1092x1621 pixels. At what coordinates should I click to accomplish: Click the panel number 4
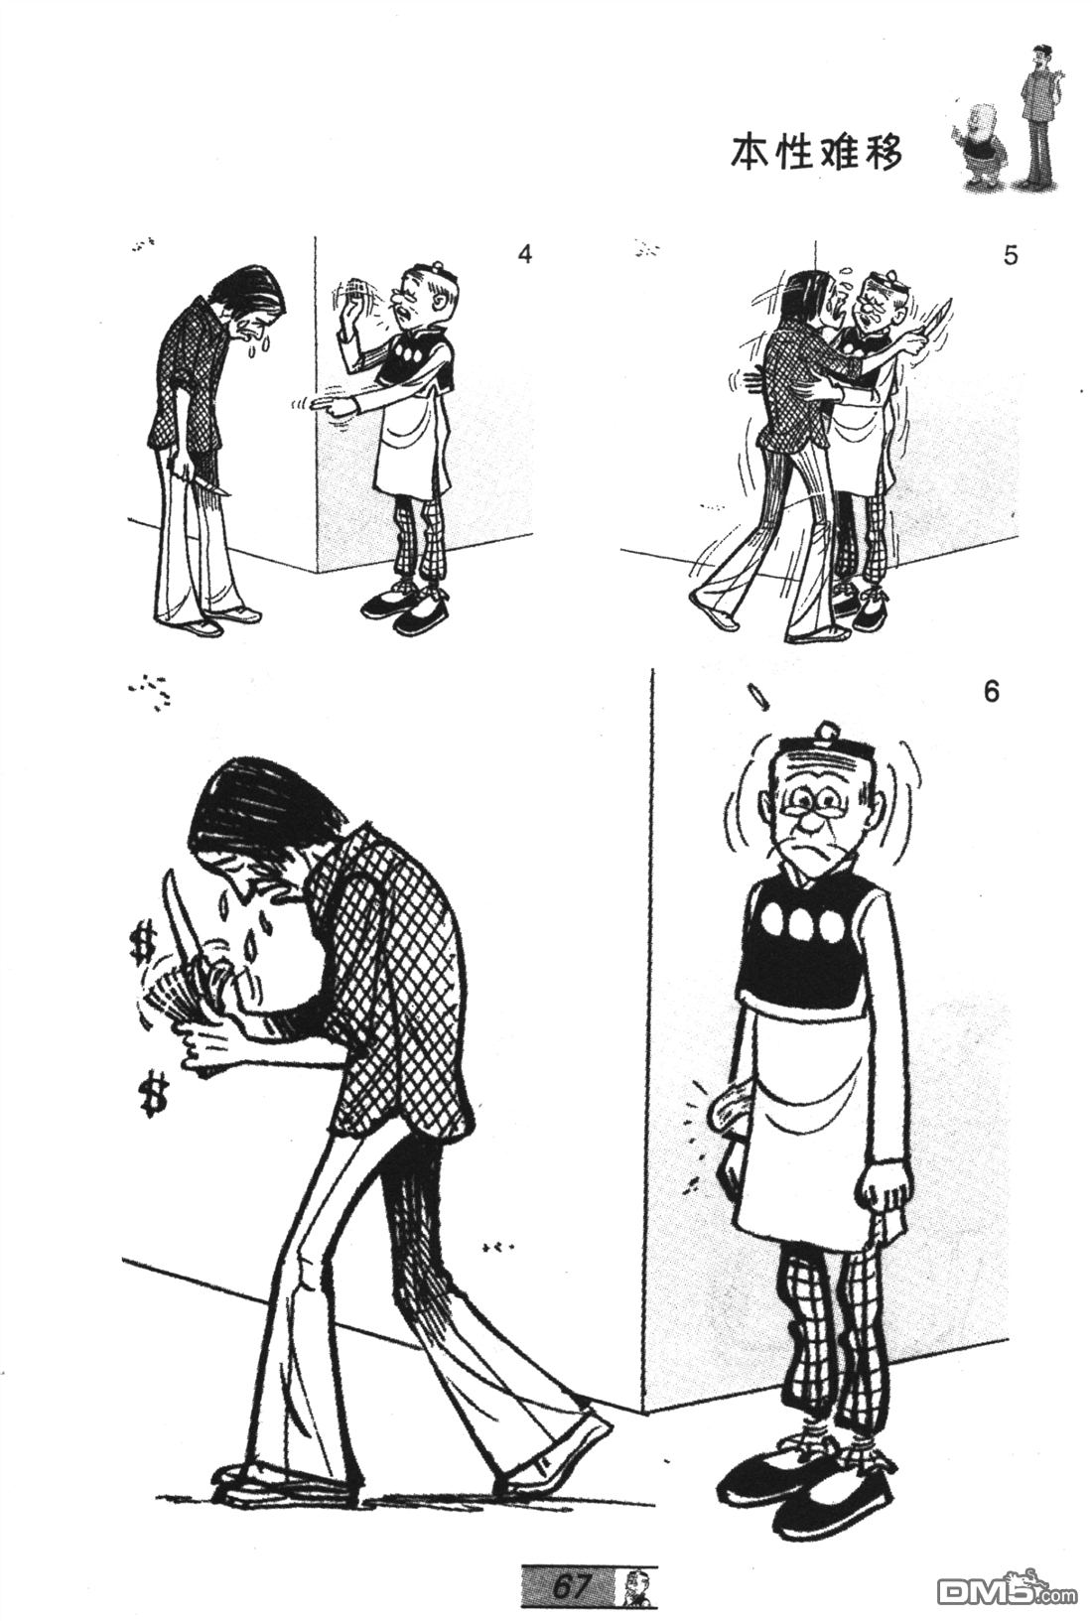(524, 255)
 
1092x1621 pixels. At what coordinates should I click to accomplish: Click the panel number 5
(1011, 256)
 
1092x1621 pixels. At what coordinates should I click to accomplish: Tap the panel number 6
(991, 692)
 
